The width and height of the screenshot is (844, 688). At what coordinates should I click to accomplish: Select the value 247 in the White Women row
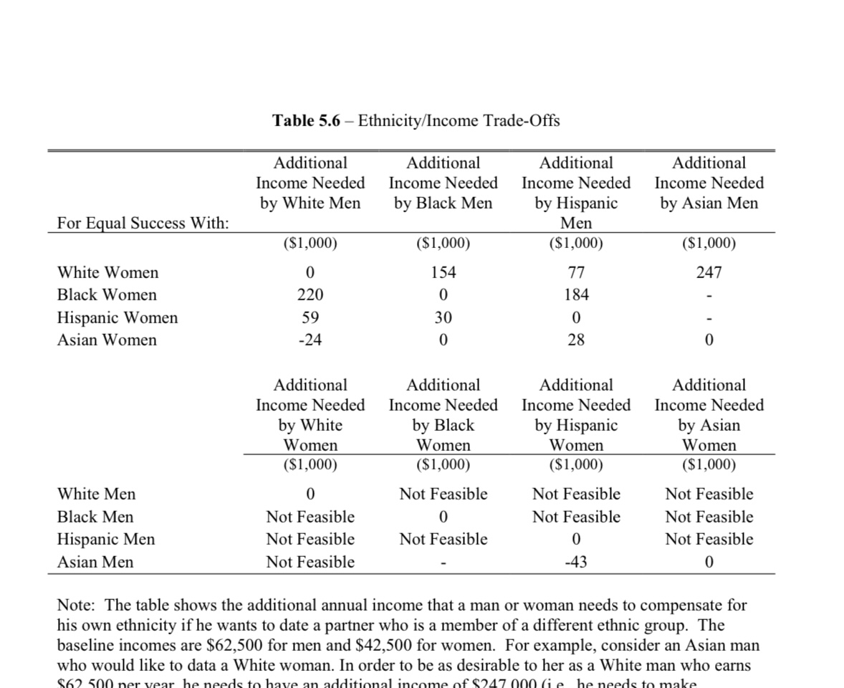click(x=709, y=272)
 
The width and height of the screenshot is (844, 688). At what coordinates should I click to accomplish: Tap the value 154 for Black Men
click(x=443, y=272)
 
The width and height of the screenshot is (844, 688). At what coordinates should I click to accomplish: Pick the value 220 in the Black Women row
click(x=310, y=295)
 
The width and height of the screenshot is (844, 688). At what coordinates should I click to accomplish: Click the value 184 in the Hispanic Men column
click(x=575, y=295)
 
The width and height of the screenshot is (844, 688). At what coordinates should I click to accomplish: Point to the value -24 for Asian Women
click(x=310, y=340)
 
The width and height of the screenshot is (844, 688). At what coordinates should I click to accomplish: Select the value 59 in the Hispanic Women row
click(x=310, y=317)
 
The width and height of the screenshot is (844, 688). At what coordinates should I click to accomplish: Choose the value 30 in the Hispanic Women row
click(x=443, y=317)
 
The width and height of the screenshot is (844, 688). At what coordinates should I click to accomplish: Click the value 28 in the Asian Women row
click(x=575, y=340)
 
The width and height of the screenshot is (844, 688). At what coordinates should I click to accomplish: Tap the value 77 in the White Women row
click(x=575, y=272)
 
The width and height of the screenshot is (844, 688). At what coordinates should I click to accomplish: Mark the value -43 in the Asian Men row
click(x=575, y=563)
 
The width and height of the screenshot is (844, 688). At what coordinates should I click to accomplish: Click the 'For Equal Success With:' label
click(x=143, y=223)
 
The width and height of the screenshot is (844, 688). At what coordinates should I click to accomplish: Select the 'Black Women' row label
click(x=107, y=295)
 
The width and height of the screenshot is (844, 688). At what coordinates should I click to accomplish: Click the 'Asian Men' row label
click(x=95, y=563)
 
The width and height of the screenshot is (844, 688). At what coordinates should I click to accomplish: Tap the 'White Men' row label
click(x=96, y=494)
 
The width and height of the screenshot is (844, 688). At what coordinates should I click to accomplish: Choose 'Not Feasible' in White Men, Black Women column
click(x=443, y=494)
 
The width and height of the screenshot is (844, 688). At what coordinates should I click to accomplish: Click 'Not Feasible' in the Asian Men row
click(x=310, y=563)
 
